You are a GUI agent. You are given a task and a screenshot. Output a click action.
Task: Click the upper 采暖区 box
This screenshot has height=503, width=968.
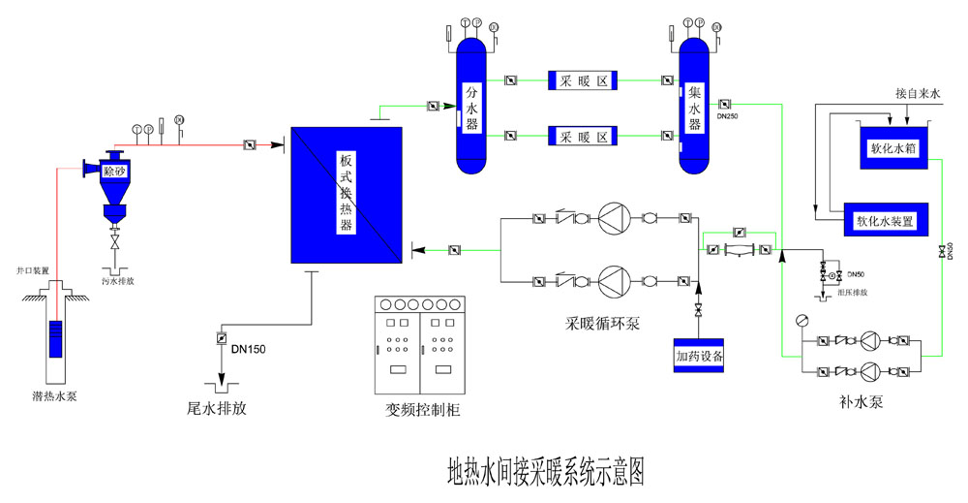[584, 80]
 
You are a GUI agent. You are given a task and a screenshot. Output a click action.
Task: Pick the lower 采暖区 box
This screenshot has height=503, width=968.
[584, 137]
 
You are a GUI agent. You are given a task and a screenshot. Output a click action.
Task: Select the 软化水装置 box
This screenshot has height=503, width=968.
[885, 219]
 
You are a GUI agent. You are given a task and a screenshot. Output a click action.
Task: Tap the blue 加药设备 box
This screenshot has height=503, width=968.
[700, 356]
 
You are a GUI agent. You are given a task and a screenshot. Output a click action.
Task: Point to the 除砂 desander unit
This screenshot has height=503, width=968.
[115, 171]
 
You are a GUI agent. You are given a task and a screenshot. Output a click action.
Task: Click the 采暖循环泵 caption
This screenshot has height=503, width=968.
[603, 322]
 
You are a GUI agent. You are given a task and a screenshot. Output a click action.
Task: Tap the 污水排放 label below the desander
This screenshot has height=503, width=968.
[118, 281]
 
